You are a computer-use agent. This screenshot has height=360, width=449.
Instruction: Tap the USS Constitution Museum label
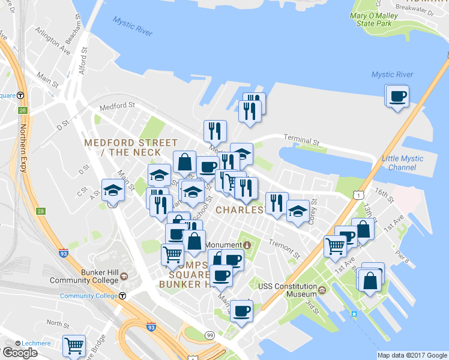pyautogui.click(x=287, y=290)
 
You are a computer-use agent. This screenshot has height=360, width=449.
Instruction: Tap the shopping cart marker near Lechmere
pyautogui.click(x=74, y=345)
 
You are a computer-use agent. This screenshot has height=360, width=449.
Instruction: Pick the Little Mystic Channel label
pyautogui.click(x=403, y=163)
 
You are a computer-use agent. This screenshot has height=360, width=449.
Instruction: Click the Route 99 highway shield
pyautogui.click(x=209, y=334)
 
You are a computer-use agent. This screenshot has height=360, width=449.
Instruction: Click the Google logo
pyautogui.click(x=20, y=353)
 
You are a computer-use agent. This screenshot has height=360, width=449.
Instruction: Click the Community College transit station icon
pyautogui.click(x=122, y=295)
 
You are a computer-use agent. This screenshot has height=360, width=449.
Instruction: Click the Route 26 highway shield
pyautogui.click(x=23, y=110)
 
